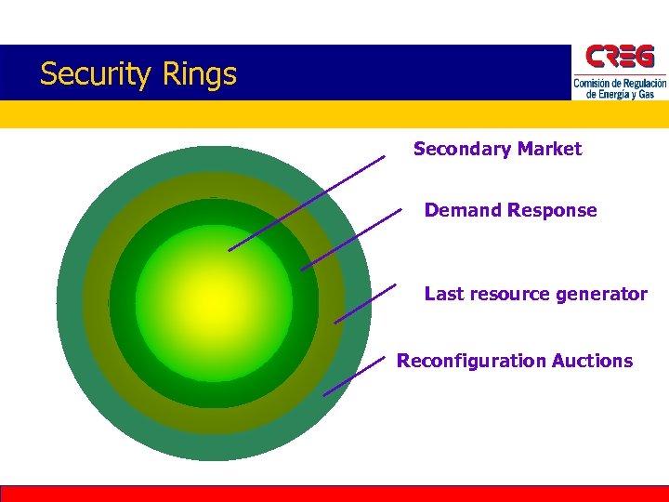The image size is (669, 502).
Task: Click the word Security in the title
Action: [87, 74]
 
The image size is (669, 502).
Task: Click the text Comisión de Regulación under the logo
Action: [620, 84]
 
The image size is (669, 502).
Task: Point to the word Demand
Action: [463, 210]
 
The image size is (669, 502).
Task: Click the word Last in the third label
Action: [441, 294]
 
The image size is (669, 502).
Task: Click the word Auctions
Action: [592, 361]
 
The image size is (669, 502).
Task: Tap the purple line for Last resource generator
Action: [365, 303]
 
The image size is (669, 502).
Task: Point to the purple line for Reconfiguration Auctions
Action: [354, 376]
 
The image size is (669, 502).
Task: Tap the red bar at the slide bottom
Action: [334, 494]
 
